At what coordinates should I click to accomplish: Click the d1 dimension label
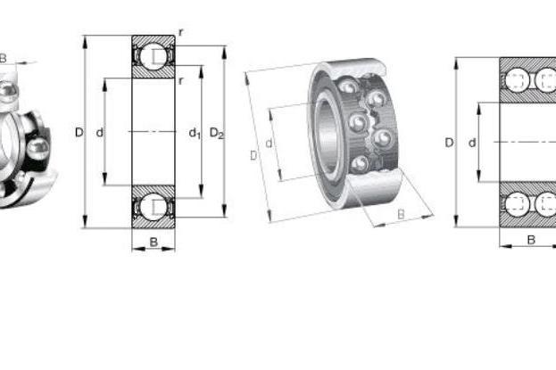(x=195, y=134)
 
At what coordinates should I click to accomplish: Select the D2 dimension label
(x=217, y=134)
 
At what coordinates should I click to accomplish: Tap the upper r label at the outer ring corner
(x=181, y=33)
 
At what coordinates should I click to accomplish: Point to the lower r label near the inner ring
(x=181, y=81)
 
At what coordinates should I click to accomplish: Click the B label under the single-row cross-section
(x=154, y=243)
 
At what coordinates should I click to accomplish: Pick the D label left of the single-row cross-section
(x=79, y=132)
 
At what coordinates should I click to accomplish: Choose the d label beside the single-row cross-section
(x=100, y=133)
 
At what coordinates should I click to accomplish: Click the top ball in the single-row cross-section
(x=154, y=55)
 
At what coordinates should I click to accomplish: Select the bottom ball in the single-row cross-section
(x=154, y=207)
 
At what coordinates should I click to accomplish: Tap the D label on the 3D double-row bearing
(x=253, y=155)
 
